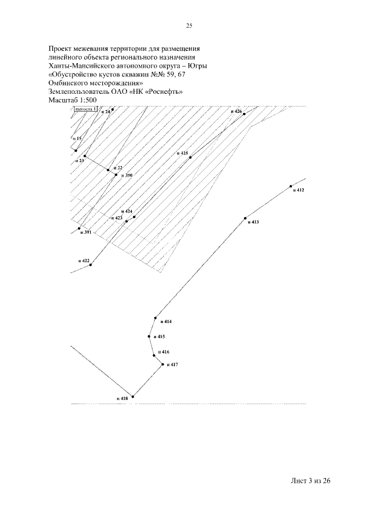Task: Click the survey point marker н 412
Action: click(x=291, y=186)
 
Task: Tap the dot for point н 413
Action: click(x=245, y=218)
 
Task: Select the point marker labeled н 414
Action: click(x=156, y=317)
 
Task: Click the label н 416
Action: click(x=163, y=352)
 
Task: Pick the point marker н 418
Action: click(x=133, y=397)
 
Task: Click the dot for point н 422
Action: click(x=91, y=265)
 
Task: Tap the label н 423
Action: click(x=116, y=218)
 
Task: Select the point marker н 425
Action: click(x=191, y=157)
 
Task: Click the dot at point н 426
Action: click(x=245, y=114)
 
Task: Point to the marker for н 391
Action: click(x=79, y=228)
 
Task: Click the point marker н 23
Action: click(x=85, y=156)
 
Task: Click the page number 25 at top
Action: click(x=189, y=25)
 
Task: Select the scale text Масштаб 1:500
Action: click(x=73, y=100)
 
